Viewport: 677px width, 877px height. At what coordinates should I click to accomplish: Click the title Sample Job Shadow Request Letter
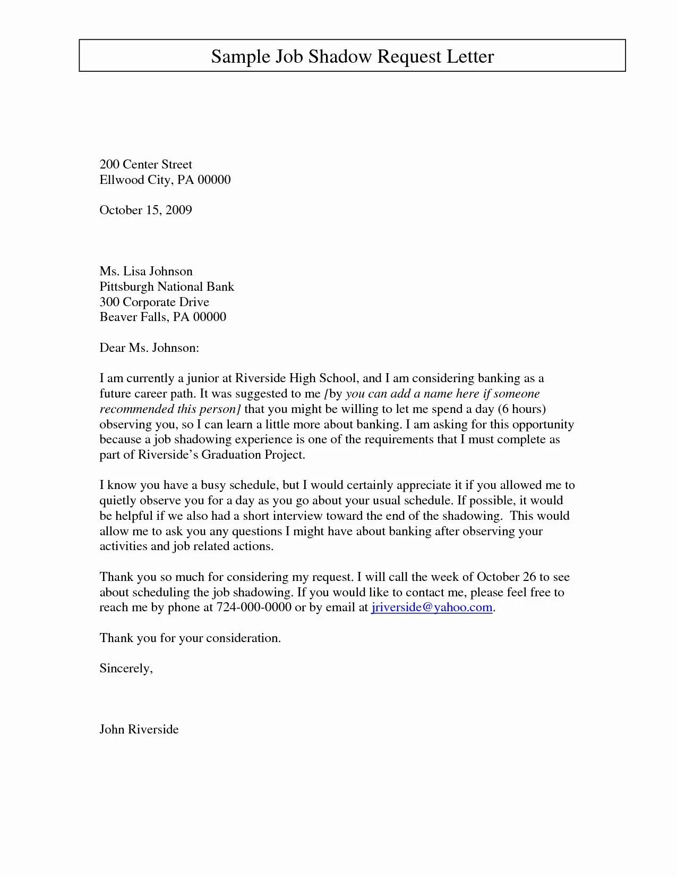(352, 56)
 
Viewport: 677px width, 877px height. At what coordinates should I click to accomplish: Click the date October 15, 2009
(145, 210)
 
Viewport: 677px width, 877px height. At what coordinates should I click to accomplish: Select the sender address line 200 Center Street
(145, 164)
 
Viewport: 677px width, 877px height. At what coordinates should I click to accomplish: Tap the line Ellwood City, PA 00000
(165, 180)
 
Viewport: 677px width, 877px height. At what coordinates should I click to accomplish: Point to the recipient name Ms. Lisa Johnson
(146, 272)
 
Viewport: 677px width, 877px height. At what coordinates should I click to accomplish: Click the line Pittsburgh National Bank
(167, 287)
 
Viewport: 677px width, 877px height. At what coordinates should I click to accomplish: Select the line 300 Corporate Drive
(154, 302)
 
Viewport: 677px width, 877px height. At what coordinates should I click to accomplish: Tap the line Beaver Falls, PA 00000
(162, 317)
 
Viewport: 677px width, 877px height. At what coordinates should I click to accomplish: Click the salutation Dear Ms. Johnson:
(149, 348)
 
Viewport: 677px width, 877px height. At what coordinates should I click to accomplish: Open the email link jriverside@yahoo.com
(432, 608)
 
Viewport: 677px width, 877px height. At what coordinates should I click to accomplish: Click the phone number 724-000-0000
(254, 608)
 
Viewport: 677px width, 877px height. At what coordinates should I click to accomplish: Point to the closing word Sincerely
(126, 669)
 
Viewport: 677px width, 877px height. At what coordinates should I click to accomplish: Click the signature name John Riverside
(139, 729)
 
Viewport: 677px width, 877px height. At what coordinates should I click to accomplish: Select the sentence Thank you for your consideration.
(190, 638)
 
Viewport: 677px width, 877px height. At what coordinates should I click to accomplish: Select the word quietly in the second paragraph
(117, 501)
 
